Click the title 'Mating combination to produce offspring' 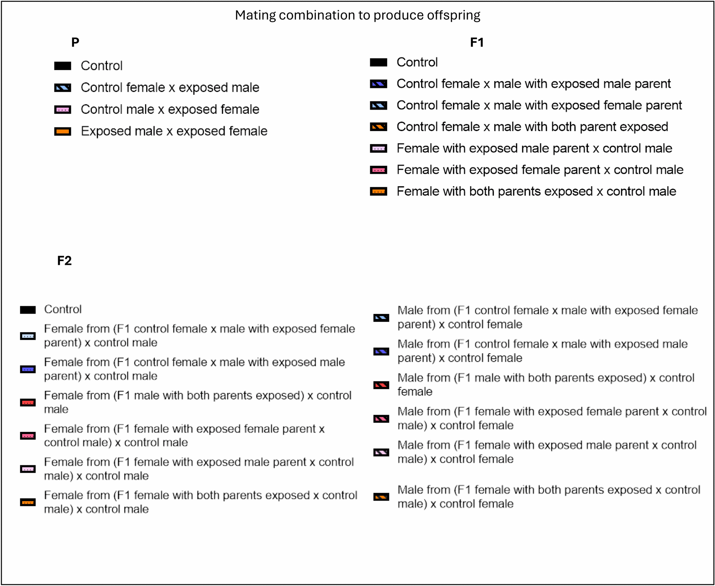[x=357, y=15]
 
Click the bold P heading [x=75, y=42]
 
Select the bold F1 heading [x=477, y=42]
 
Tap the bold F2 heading [x=64, y=261]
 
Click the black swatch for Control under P [x=63, y=66]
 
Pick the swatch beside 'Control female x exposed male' [x=63, y=88]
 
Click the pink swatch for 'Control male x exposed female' [x=63, y=110]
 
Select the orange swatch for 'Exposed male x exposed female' [x=63, y=131]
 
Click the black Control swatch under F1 [x=378, y=62]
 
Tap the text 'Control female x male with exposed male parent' [x=533, y=84]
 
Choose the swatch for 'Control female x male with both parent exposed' [x=378, y=127]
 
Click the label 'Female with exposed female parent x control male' [x=540, y=170]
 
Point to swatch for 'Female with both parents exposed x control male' [x=378, y=192]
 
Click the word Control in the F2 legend [x=63, y=309]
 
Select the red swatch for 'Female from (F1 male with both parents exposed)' [x=28, y=403]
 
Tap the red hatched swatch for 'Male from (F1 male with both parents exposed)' [x=381, y=385]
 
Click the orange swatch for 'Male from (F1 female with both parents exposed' [x=381, y=497]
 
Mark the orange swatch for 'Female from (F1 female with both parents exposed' [x=28, y=502]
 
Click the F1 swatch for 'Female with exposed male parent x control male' [x=378, y=148]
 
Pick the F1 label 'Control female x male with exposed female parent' [x=539, y=105]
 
